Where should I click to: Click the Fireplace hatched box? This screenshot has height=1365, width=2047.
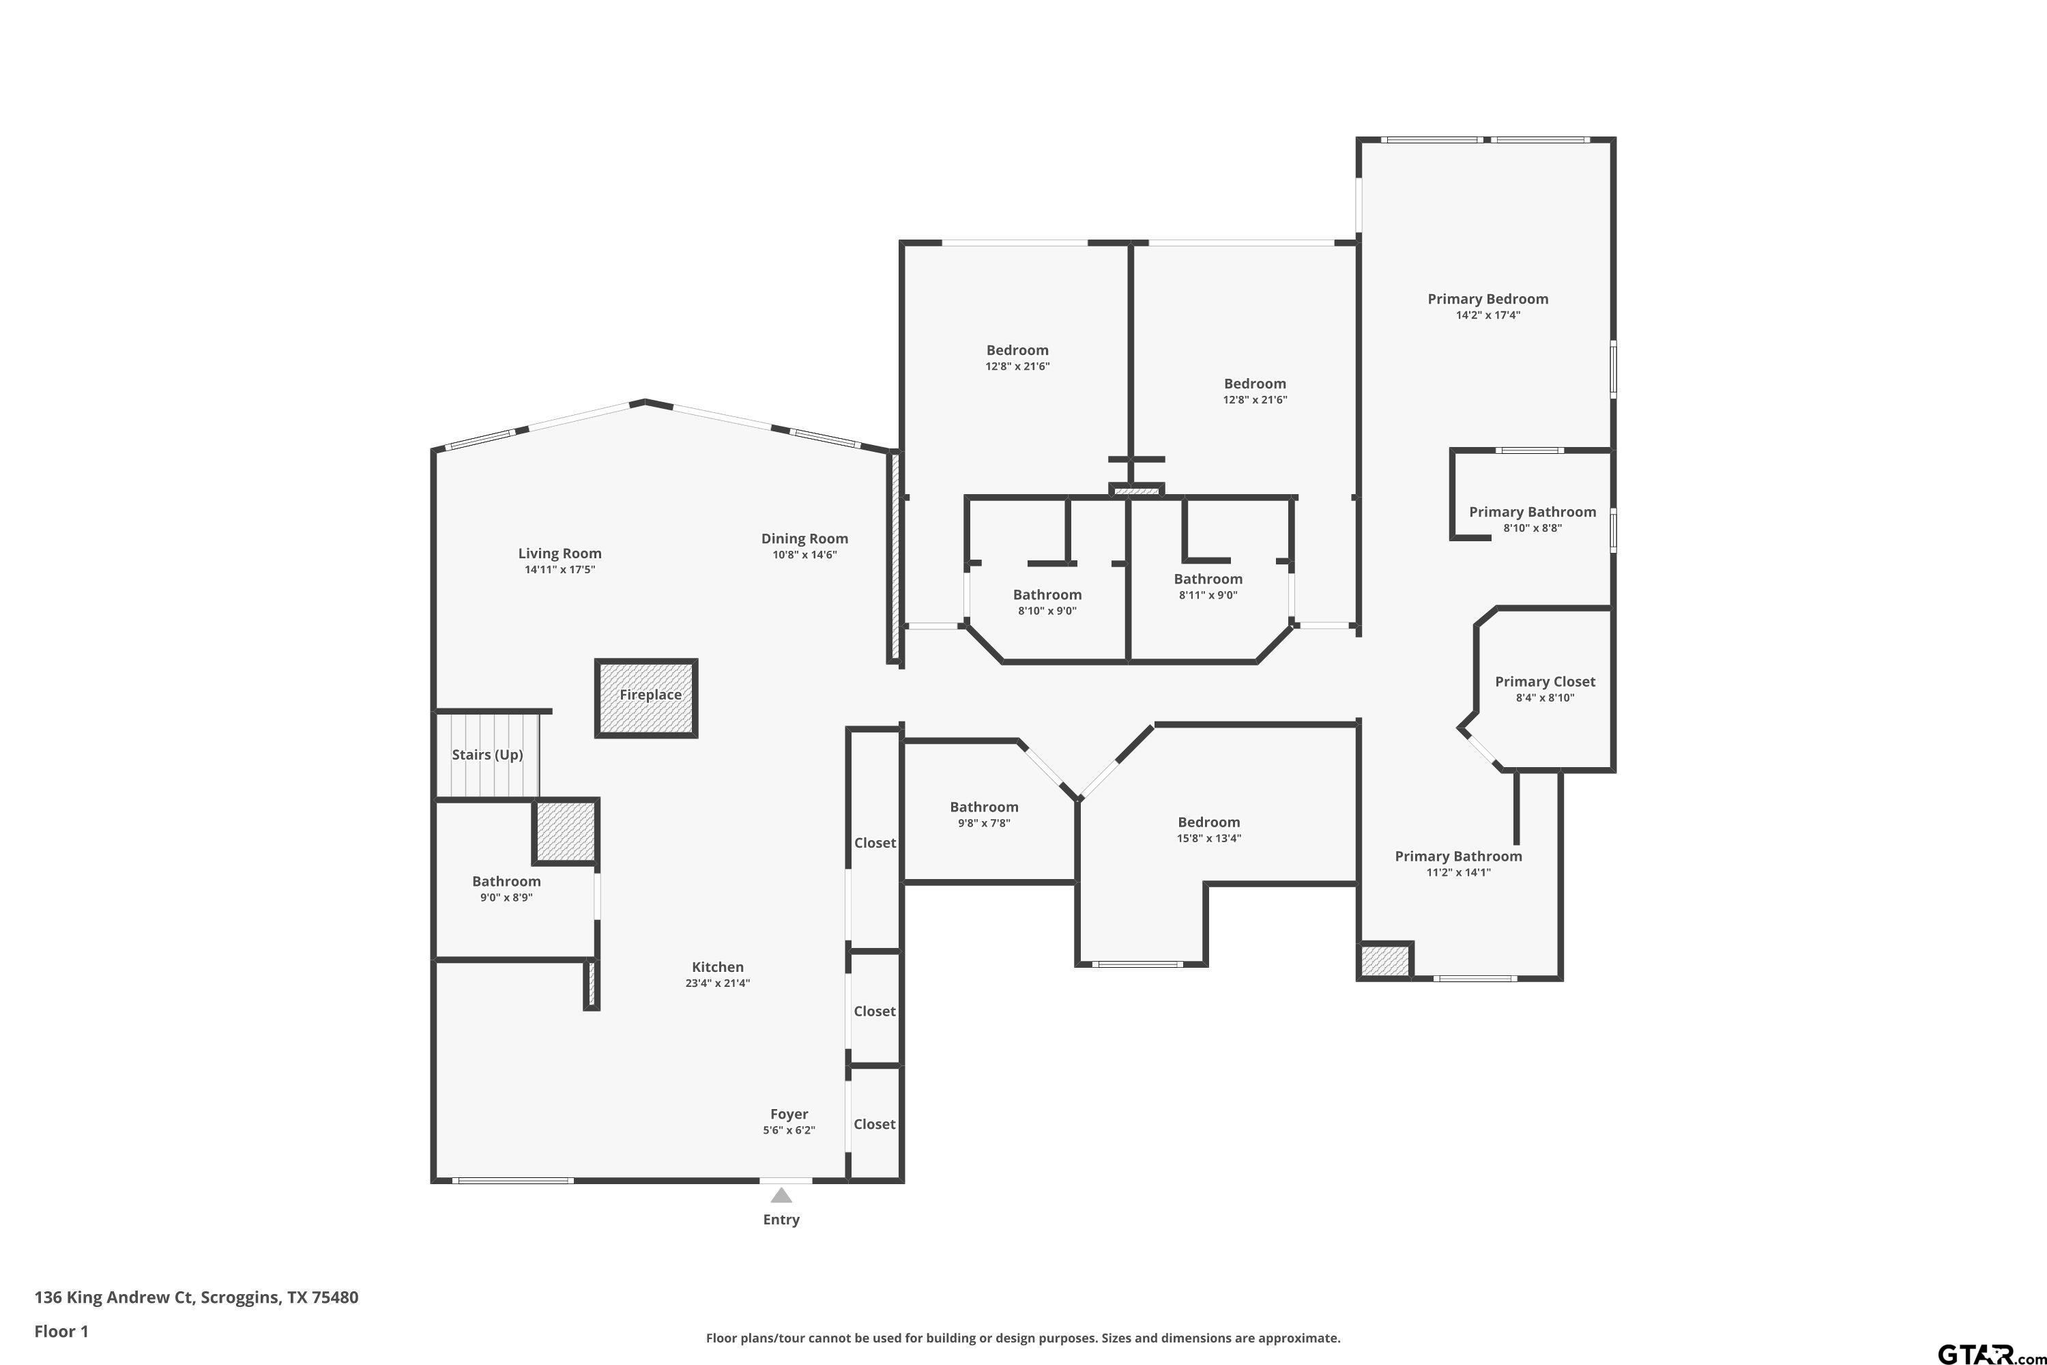(645, 698)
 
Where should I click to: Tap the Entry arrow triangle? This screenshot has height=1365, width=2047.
(781, 1195)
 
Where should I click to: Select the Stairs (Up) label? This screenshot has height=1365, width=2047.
(487, 755)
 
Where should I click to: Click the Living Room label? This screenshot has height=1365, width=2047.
(560, 553)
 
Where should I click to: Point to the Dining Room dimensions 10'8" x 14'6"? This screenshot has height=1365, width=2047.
(805, 554)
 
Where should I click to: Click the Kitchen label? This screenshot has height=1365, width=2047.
(718, 966)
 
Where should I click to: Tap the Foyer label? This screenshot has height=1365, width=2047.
(789, 1115)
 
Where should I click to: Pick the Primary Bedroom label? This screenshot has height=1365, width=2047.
(1488, 299)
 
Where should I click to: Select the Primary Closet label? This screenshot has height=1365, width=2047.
(1545, 682)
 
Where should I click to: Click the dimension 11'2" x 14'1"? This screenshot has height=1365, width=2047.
(1459, 872)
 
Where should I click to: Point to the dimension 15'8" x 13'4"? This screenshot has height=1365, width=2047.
(1209, 838)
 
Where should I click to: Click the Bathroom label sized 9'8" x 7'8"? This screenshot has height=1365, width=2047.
(985, 807)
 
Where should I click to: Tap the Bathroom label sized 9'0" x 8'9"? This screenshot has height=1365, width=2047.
(506, 882)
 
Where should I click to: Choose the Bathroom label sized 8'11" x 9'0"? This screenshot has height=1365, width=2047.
(1208, 579)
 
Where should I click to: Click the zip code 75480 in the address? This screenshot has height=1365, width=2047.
(335, 1297)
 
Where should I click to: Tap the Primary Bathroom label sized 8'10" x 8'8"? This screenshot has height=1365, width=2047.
(1533, 512)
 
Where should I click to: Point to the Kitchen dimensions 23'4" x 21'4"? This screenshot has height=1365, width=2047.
(718, 983)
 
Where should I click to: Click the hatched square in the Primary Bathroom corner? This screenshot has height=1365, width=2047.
(1384, 961)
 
